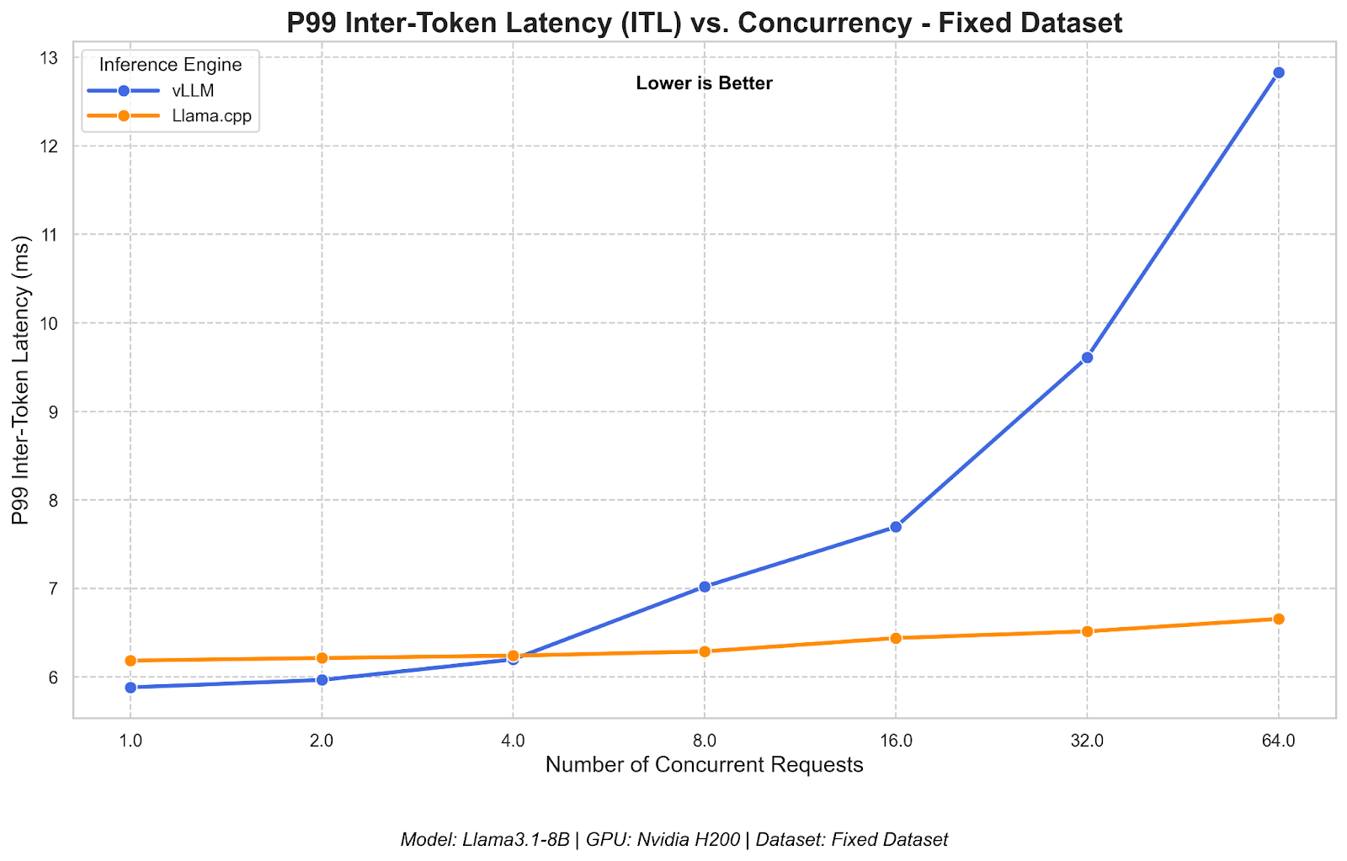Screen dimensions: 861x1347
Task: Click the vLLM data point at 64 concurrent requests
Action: click(x=1278, y=72)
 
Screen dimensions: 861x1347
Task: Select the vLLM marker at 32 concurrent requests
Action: click(x=1087, y=358)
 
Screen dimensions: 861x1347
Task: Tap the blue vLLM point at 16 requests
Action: click(x=896, y=527)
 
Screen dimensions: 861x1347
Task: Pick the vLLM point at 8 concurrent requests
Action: click(x=705, y=587)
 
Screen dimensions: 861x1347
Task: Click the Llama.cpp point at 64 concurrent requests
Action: click(x=1278, y=619)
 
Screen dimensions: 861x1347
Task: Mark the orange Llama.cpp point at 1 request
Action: click(x=130, y=661)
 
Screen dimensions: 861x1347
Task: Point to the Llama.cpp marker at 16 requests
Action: click(x=896, y=638)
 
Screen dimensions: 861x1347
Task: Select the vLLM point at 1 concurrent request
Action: click(x=130, y=688)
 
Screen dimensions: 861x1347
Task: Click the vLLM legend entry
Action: click(x=192, y=91)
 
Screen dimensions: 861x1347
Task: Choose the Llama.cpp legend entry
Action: click(x=210, y=116)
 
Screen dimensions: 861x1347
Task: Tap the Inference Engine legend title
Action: click(x=170, y=65)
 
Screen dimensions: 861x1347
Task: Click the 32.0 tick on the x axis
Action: click(x=1087, y=741)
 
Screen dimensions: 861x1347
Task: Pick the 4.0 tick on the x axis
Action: click(x=513, y=741)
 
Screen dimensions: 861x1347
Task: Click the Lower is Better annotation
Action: click(x=704, y=83)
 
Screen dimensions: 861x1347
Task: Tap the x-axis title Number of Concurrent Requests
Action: click(x=704, y=765)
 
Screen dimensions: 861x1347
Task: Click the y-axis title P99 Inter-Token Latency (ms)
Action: click(x=22, y=380)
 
